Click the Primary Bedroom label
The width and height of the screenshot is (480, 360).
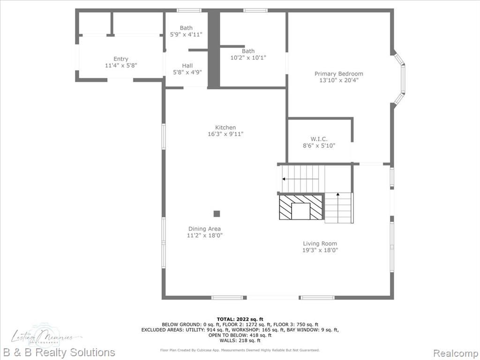pos(338,74)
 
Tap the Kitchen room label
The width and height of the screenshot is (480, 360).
pos(225,127)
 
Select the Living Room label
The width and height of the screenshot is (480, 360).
pos(320,243)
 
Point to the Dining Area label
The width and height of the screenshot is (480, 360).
pos(204,229)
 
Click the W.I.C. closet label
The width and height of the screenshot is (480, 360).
pos(319,139)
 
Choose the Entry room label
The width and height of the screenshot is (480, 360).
pos(120,59)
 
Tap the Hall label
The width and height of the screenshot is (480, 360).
pos(187,66)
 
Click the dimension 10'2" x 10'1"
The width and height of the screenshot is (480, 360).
pos(248,58)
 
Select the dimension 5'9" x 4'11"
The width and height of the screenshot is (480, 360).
pos(186,35)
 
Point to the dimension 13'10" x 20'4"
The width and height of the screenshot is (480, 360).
pos(338,80)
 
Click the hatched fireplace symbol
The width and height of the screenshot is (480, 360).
pos(301,207)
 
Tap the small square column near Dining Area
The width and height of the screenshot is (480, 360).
pos(217,214)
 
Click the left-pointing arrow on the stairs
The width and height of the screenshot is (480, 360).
pos(284,179)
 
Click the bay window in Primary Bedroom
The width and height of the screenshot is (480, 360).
pos(400,77)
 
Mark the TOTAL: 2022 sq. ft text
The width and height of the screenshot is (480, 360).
pos(240,319)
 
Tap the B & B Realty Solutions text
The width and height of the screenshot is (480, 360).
pos(58,352)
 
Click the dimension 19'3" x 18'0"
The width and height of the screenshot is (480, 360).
pos(320,250)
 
